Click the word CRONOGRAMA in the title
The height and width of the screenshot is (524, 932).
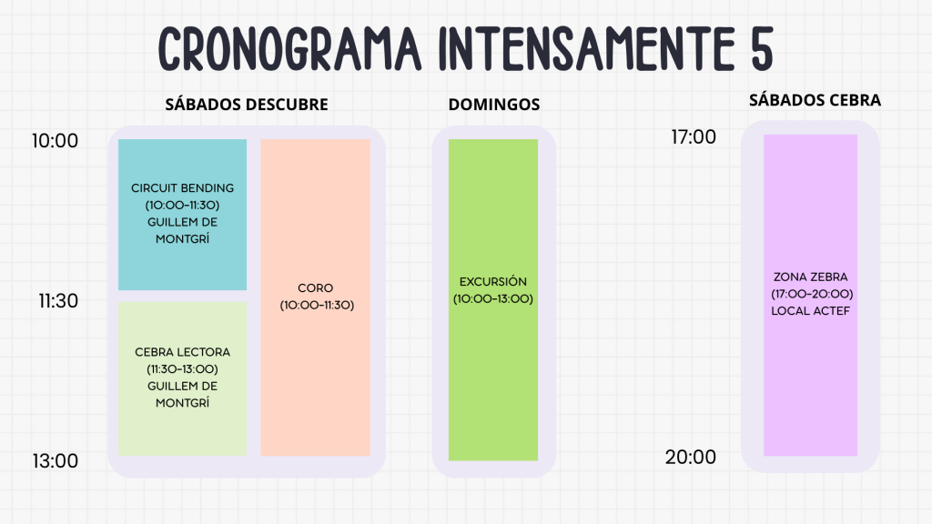coord(289,49)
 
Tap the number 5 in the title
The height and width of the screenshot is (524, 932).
coord(762,49)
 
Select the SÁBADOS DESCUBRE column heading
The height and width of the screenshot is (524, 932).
coord(247,105)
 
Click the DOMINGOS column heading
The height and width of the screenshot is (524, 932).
coord(494,105)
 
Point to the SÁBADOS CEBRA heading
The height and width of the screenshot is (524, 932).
coord(815,100)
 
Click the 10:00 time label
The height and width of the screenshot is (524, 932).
coord(55,141)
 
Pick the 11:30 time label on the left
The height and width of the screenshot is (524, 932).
coord(58,300)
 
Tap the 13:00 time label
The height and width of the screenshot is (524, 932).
coord(56,461)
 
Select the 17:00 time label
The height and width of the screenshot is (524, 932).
coord(694,136)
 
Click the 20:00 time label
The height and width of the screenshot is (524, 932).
coord(691,457)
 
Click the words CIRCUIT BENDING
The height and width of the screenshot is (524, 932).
coord(182,187)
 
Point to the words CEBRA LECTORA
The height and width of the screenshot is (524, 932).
coord(182,352)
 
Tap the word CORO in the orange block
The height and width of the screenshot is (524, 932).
coord(316,287)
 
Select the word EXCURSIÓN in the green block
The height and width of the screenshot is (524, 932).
coord(493,282)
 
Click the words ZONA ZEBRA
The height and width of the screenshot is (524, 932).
coord(811,277)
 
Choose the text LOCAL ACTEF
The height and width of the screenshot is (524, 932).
coord(811,311)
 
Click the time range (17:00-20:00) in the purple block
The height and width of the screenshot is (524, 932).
coord(812,294)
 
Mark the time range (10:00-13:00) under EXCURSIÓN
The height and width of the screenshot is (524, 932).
coord(493,298)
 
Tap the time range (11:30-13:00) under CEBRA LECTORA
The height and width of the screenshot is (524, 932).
coord(182,369)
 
